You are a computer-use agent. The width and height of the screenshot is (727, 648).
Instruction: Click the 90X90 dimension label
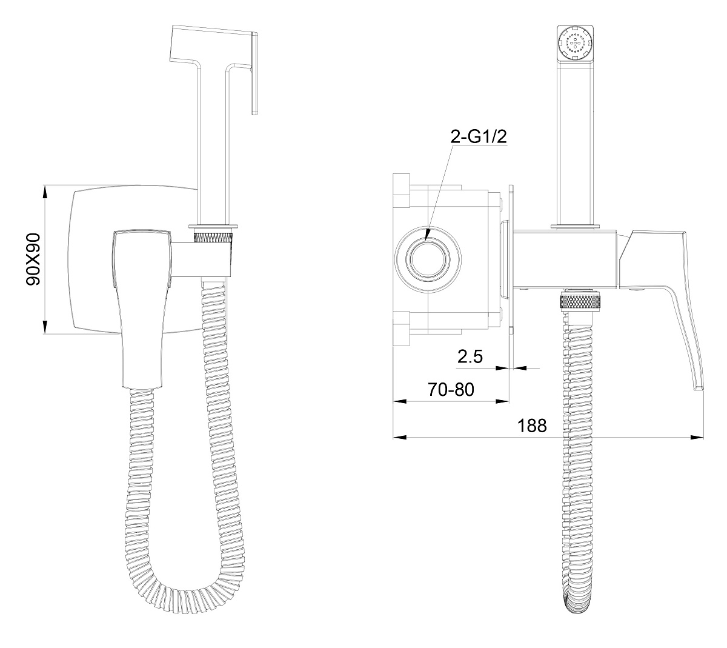pyautogui.click(x=33, y=259)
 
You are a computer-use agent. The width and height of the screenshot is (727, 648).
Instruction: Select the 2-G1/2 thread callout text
pyautogui.click(x=479, y=136)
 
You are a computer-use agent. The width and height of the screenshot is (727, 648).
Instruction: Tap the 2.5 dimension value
pyautogui.click(x=470, y=356)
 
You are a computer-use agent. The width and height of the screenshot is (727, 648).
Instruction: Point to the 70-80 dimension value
pyautogui.click(x=451, y=390)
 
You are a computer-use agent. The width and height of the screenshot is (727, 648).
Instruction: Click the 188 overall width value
pyautogui.click(x=532, y=426)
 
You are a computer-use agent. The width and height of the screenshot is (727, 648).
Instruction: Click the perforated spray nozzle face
pyautogui.click(x=575, y=44)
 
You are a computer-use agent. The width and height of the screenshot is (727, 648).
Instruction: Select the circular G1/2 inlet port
pyautogui.click(x=428, y=259)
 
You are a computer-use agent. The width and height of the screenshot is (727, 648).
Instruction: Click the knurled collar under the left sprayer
pyautogui.click(x=213, y=237)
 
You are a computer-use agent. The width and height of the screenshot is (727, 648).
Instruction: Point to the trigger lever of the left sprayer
pyautogui.click(x=255, y=73)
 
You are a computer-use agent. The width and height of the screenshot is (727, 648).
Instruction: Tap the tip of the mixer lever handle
pyautogui.click(x=699, y=388)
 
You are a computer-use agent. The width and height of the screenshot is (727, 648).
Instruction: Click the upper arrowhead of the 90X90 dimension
pyautogui.click(x=44, y=192)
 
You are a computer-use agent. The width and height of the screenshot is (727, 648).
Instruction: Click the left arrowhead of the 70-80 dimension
pyautogui.click(x=400, y=401)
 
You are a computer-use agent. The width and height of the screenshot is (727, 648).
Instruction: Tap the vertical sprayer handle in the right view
pyautogui.click(x=575, y=144)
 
